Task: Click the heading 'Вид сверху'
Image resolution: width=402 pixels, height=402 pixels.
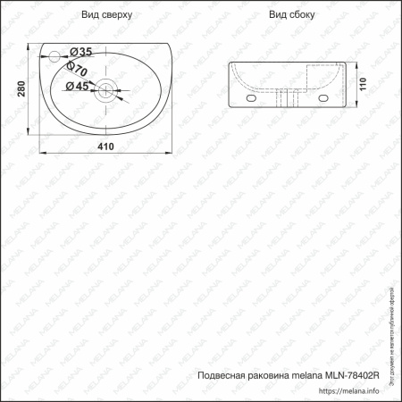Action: (106, 15)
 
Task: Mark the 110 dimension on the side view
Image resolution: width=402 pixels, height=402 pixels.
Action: (362, 86)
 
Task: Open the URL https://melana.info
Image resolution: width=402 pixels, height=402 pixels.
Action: (354, 390)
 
